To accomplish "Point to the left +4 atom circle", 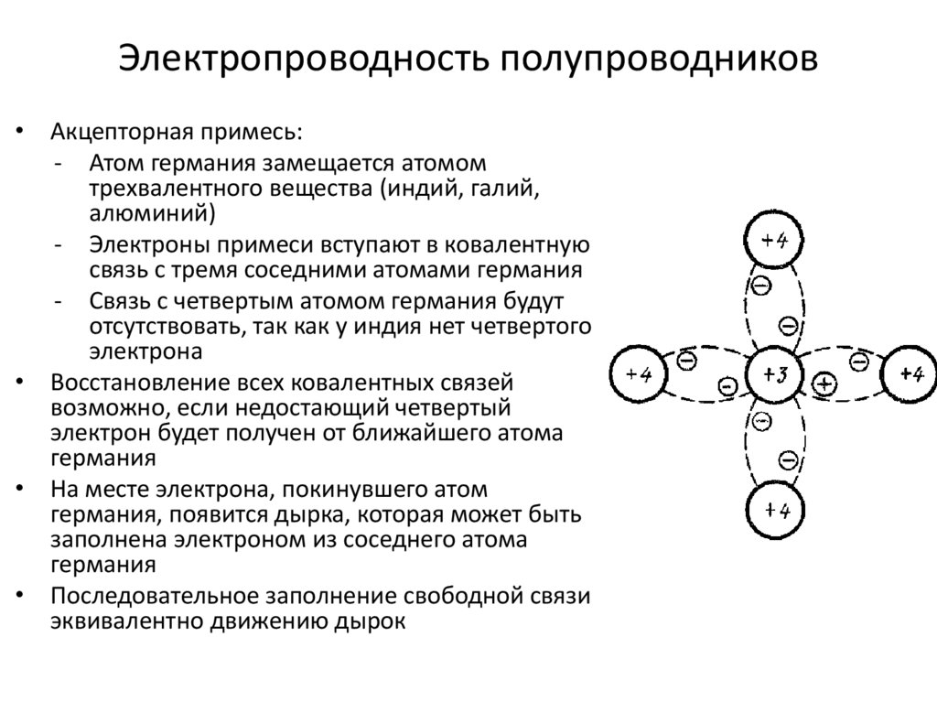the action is coord(639,375).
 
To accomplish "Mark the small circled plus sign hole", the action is coord(824,384).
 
